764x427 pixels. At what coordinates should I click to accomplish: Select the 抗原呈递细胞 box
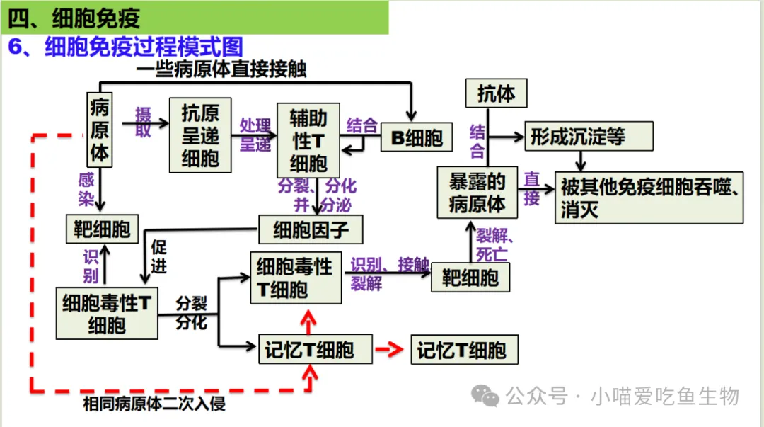pyautogui.click(x=200, y=135)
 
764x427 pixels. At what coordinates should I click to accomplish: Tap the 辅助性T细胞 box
pyautogui.click(x=308, y=140)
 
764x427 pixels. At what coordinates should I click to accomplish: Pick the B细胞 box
pyautogui.click(x=417, y=138)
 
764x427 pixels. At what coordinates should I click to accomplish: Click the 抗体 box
pyautogui.click(x=496, y=93)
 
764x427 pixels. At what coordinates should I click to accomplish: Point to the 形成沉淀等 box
pyautogui.click(x=588, y=136)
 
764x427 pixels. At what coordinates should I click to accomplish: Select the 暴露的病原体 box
pyautogui.click(x=477, y=193)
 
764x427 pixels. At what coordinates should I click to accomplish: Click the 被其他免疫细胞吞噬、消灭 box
pyautogui.click(x=649, y=198)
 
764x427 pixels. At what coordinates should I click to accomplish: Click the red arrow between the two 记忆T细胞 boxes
pyautogui.click(x=391, y=350)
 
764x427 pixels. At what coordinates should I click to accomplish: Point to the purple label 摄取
pyautogui.click(x=144, y=122)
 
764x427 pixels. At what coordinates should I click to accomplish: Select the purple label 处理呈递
pyautogui.click(x=255, y=135)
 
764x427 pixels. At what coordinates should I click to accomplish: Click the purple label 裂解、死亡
pyautogui.click(x=495, y=244)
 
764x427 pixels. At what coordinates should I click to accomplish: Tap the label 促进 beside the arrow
pyautogui.click(x=159, y=256)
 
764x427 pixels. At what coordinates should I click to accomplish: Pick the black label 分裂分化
pyautogui.click(x=191, y=313)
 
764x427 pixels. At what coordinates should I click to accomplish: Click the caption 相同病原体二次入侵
pyautogui.click(x=154, y=404)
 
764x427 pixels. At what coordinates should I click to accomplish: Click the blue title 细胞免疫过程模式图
pyautogui.click(x=144, y=47)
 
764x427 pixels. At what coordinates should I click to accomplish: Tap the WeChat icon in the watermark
pyautogui.click(x=486, y=395)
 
